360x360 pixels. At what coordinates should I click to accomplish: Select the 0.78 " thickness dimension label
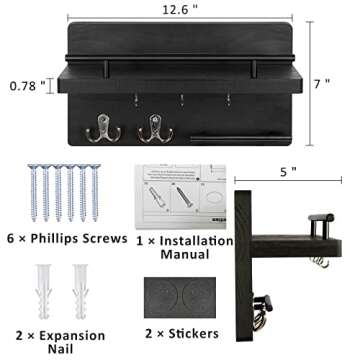pos(28,87)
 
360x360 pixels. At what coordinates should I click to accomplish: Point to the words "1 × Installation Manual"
pos(180,248)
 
